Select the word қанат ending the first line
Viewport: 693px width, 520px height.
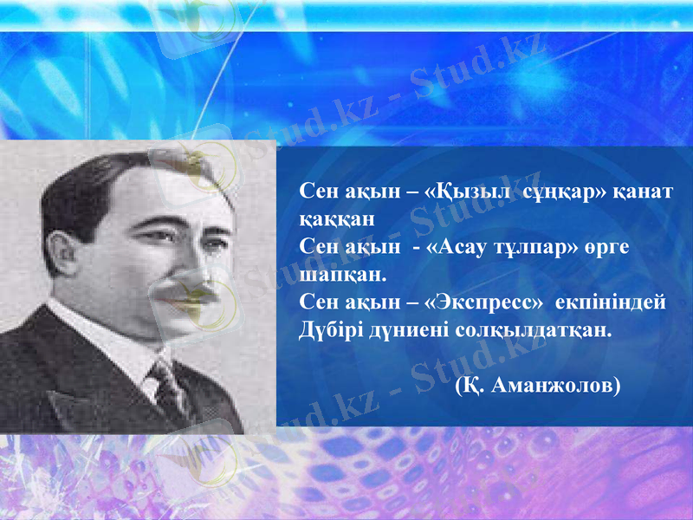(644, 191)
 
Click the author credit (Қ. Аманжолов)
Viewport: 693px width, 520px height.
(537, 385)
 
